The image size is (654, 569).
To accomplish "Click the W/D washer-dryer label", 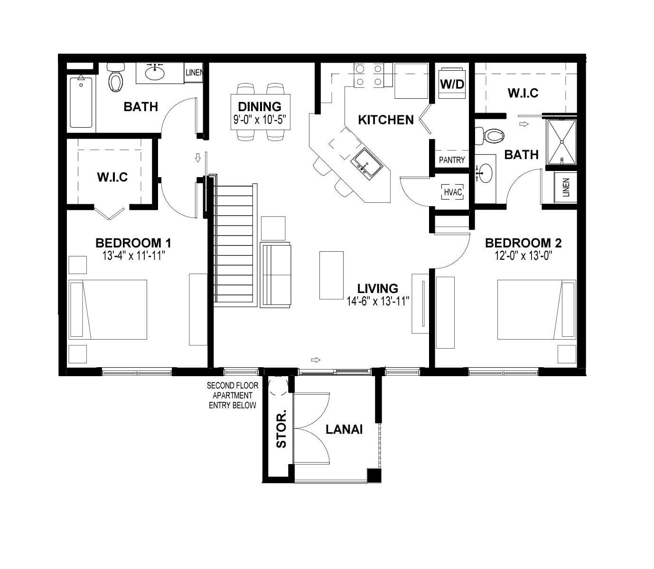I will click(x=452, y=84).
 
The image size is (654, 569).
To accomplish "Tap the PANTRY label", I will click(x=451, y=160).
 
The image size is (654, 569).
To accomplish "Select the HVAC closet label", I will click(x=452, y=192).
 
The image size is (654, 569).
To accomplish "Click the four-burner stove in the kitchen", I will click(x=369, y=75).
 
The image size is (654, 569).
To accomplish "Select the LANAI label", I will click(x=344, y=429).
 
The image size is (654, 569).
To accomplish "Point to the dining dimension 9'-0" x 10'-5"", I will click(x=260, y=119).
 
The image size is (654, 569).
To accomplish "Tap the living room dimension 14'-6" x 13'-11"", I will click(x=378, y=301).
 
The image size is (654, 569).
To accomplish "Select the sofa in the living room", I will click(x=276, y=274).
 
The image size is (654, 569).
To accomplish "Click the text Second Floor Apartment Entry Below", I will click(x=232, y=396).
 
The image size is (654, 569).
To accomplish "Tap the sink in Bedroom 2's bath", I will click(x=485, y=173).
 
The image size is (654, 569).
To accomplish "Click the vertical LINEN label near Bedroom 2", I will click(x=566, y=188).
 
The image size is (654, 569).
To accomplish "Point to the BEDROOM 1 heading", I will click(x=133, y=243).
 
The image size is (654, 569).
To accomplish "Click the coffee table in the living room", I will click(x=331, y=275).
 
